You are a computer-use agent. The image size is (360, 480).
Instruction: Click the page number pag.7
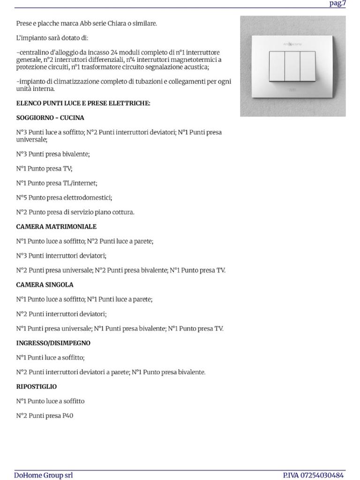337,4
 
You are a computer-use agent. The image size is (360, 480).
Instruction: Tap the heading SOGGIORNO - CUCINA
50,118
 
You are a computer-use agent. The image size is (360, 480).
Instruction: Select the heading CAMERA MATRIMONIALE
56,227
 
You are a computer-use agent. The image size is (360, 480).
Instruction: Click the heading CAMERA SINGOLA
45,285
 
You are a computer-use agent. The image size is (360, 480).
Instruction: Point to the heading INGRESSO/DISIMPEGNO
53,343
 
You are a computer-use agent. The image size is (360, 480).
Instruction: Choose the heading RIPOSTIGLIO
37,387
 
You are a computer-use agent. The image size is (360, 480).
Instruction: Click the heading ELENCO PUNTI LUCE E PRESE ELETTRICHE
83,103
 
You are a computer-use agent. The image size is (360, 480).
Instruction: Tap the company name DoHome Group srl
43,475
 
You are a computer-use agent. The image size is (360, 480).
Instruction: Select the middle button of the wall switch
292,66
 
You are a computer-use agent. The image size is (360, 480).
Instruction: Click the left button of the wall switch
277,66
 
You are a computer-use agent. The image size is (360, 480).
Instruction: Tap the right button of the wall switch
308,66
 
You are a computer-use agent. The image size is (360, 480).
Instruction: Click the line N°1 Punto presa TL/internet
57,183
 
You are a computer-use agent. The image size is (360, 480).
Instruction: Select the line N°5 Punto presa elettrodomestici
64,198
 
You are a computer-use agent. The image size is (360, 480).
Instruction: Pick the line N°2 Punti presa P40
45,416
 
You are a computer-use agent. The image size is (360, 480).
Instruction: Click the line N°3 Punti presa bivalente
53,154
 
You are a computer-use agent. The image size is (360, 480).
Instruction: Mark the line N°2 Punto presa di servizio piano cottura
75,212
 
